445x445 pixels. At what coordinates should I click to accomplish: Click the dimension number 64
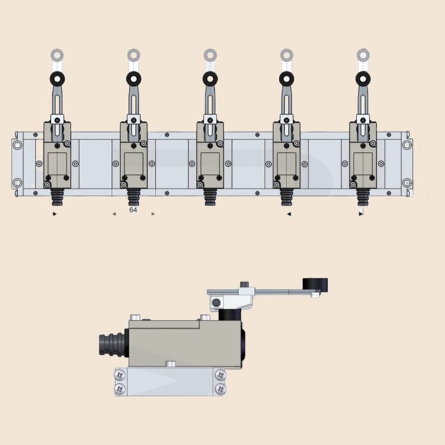(x=133, y=210)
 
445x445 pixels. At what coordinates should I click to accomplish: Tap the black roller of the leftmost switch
(x=58, y=78)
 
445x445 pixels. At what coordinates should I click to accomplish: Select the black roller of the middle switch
(x=210, y=78)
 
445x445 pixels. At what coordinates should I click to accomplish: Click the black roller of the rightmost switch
(x=363, y=78)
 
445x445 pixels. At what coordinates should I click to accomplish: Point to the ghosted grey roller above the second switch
(x=133, y=55)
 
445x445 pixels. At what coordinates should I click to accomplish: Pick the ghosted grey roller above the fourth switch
(x=287, y=55)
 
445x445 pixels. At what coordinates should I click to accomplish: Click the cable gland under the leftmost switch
(x=58, y=197)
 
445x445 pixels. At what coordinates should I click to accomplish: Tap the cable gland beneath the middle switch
(x=210, y=197)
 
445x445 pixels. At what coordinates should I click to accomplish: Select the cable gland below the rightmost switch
(x=363, y=197)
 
